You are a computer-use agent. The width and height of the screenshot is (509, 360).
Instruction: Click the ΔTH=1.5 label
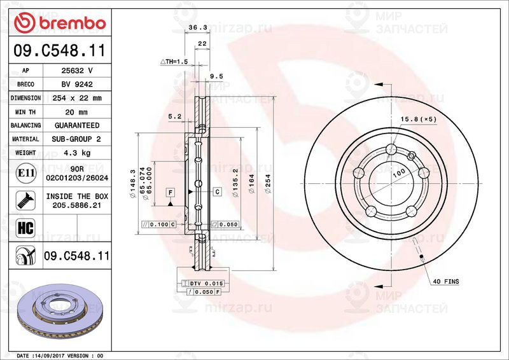click(174, 62)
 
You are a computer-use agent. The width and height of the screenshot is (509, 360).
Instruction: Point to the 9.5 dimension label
click(216, 76)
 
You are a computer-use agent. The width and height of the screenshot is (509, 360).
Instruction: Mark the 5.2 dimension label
click(174, 117)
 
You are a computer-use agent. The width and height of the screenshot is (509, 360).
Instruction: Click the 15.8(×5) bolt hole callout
click(419, 119)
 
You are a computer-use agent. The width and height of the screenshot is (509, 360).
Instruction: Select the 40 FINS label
click(445, 280)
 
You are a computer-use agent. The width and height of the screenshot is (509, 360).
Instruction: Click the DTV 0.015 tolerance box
click(204, 282)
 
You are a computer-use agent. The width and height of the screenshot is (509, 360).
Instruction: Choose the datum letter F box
click(171, 191)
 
